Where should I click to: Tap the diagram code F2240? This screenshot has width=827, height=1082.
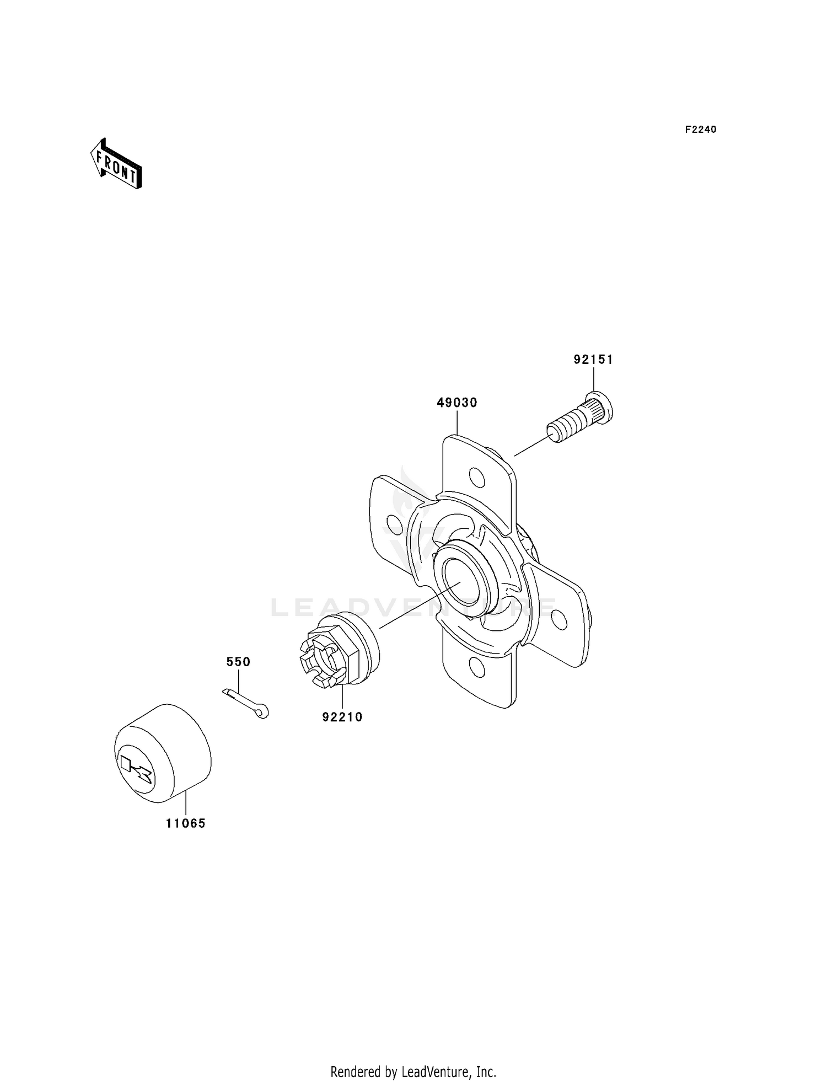700,130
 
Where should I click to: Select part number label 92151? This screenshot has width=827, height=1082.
593,360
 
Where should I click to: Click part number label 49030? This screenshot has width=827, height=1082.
457,403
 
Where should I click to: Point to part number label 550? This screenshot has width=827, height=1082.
238,662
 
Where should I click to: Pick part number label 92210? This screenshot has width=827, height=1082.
342,717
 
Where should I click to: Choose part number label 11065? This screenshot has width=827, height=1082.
186,823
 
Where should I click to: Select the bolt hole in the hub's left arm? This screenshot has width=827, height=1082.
393,522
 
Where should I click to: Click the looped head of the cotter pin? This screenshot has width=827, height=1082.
262,712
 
